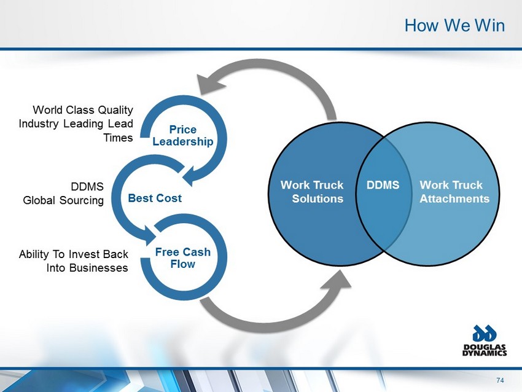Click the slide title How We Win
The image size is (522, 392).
click(454, 25)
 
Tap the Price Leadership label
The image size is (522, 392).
click(183, 136)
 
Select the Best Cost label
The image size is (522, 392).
click(155, 199)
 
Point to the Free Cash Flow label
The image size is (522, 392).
click(183, 258)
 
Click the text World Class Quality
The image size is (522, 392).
click(83, 111)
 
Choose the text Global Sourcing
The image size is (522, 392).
click(63, 200)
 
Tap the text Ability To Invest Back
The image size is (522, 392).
click(74, 254)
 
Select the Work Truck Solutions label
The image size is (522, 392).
click(312, 192)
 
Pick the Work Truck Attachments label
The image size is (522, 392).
click(454, 192)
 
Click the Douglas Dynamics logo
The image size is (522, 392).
click(485, 341)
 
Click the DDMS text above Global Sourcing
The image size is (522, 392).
click(87, 187)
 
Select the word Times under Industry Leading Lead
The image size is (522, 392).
click(118, 138)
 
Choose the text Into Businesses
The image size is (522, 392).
click(87, 268)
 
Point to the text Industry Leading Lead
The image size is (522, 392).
click(76, 124)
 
